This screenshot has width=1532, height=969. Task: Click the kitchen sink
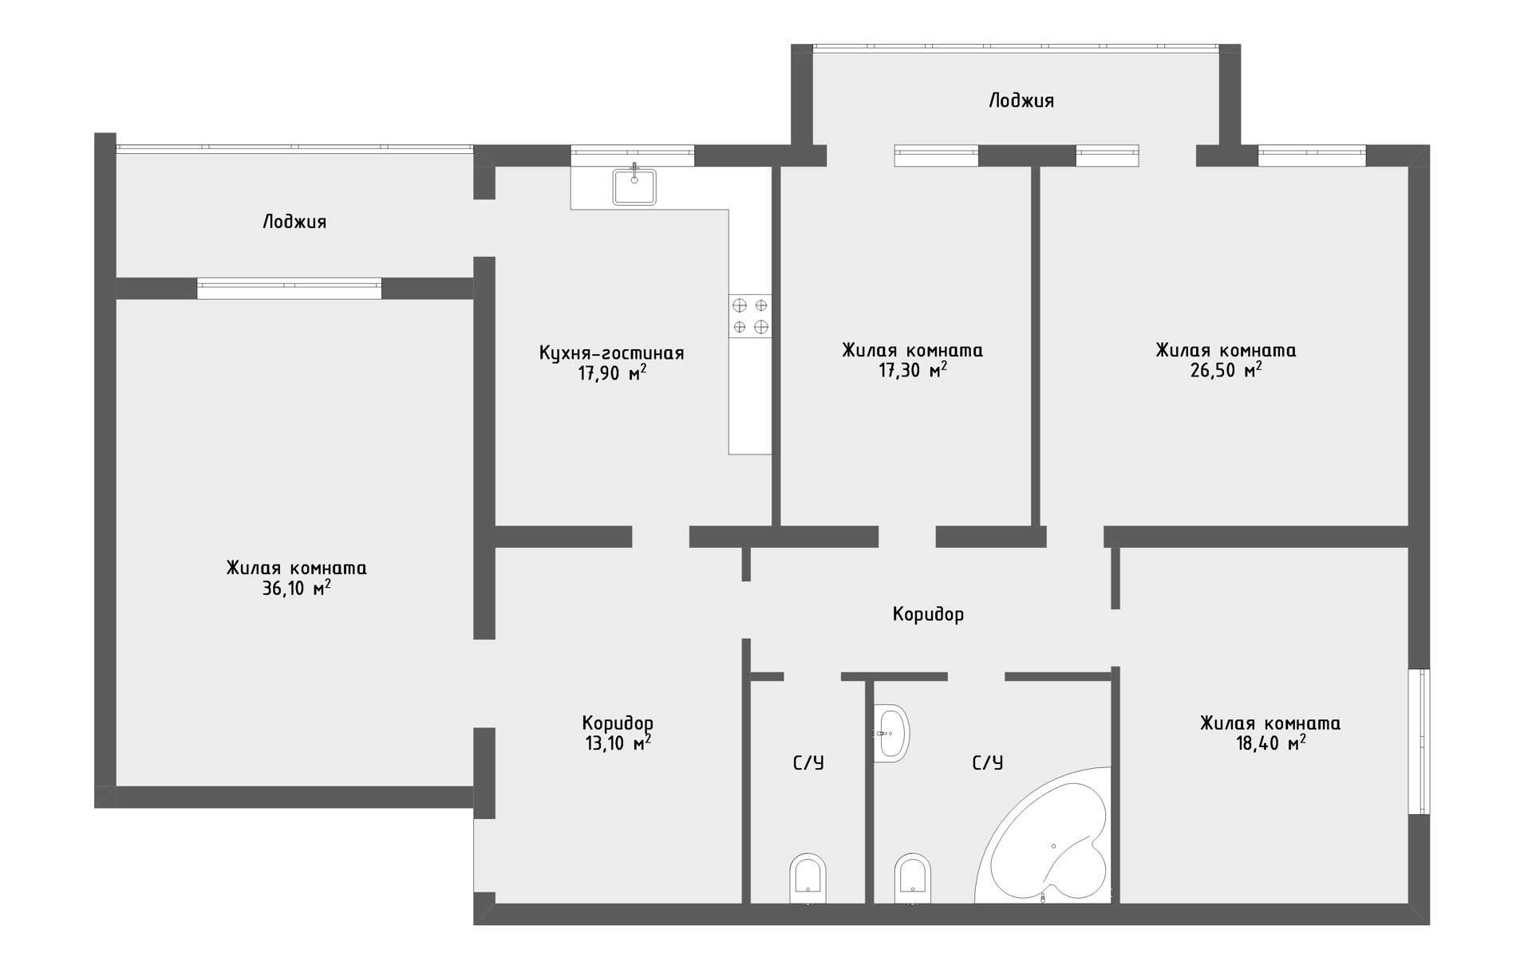(x=634, y=187)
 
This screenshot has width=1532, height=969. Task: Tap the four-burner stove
(x=750, y=316)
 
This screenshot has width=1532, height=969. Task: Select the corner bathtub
(x=1044, y=837)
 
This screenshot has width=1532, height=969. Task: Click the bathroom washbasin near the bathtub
(x=891, y=733)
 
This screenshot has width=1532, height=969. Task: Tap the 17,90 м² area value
(x=612, y=372)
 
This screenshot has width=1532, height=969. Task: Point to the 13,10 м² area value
(x=618, y=743)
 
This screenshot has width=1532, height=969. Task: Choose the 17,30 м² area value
(x=913, y=371)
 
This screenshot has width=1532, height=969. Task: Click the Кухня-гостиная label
(x=612, y=353)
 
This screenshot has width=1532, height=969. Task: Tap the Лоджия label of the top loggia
(x=1021, y=100)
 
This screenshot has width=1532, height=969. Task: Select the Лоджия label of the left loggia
(x=294, y=222)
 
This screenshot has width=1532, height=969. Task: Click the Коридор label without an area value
(x=928, y=614)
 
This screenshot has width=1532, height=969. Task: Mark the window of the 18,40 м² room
(x=1419, y=741)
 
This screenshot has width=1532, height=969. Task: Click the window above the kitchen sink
(x=633, y=156)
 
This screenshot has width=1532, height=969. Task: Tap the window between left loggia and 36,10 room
(x=289, y=288)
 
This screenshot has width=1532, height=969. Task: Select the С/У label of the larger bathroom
(x=987, y=763)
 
